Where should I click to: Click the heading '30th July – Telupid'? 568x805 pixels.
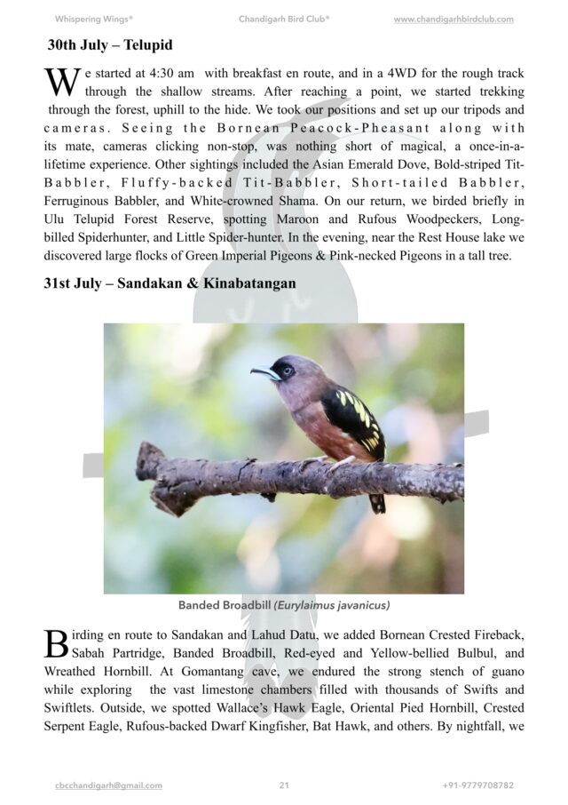(109, 44)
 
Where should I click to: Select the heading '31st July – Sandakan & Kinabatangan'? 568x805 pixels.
(170, 283)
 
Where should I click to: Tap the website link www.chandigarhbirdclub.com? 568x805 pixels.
(453, 19)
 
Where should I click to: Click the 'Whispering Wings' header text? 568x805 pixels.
(94, 19)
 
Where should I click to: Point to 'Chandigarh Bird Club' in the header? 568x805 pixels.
(284, 19)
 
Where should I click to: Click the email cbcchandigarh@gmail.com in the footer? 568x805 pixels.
(108, 785)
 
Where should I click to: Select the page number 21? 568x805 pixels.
(284, 785)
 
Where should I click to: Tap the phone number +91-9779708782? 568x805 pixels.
(477, 785)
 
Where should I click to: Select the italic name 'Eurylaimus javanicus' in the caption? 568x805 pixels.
(332, 606)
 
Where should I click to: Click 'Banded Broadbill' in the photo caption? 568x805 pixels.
(225, 606)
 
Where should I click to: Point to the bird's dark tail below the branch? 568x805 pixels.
(377, 503)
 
